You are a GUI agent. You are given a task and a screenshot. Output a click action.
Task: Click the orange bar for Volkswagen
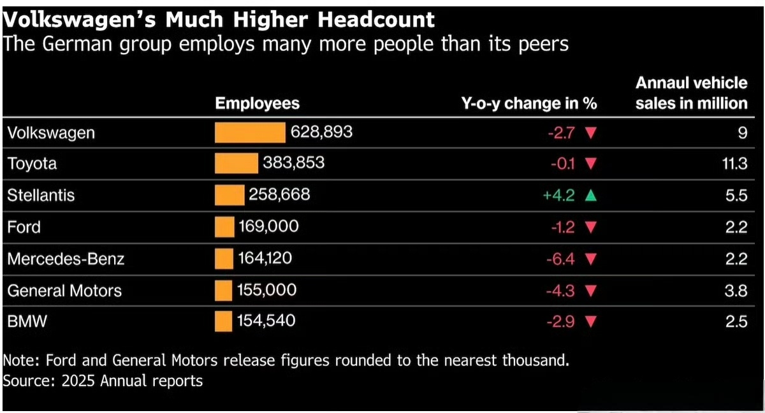(250, 133)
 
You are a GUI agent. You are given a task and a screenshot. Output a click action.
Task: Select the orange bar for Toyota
(237, 163)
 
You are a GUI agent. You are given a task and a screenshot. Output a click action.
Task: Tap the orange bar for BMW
(223, 321)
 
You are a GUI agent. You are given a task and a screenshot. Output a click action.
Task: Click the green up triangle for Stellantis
(591, 195)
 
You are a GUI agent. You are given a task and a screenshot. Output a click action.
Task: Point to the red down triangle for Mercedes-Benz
(591, 259)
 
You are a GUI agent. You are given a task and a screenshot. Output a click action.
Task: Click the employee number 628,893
(321, 132)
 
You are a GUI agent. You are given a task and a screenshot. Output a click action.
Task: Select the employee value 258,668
(279, 194)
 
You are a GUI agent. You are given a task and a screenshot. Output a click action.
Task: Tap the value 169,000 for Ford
(268, 226)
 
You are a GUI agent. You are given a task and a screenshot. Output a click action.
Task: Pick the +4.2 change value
(558, 195)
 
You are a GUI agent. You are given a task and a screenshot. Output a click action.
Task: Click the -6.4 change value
(560, 259)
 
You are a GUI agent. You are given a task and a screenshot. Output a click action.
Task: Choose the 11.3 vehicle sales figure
(734, 164)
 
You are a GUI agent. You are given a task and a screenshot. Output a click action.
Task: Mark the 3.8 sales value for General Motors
(736, 291)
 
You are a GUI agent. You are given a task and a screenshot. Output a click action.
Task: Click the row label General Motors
(64, 291)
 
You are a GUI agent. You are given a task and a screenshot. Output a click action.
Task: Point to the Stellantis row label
(41, 195)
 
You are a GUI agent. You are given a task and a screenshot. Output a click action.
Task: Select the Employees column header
(257, 103)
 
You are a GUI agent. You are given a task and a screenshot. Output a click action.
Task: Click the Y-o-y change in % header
(529, 103)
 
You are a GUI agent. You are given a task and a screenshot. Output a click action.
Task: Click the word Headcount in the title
(376, 20)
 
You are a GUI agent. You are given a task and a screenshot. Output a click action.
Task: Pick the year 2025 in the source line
(78, 380)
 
